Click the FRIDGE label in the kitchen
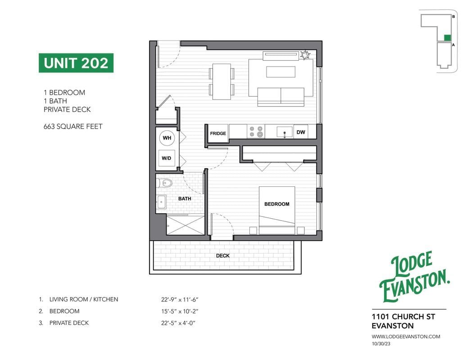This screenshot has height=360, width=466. click(218, 133)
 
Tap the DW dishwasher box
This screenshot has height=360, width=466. click(301, 132)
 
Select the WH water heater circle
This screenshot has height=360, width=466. click(167, 138)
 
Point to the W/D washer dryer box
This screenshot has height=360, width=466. click(167, 158)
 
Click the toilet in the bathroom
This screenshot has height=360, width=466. click(164, 183)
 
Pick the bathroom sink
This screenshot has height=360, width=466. click(161, 202)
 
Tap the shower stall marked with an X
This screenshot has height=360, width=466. click(185, 225)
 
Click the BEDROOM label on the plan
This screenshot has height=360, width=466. click(277, 204)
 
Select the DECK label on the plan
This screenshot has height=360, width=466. click(222, 256)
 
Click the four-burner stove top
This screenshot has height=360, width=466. click(256, 131)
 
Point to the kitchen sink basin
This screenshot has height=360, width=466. click(285, 131)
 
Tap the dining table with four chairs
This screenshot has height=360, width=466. click(222, 82)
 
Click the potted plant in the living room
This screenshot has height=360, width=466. click(305, 55)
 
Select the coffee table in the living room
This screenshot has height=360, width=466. click(281, 72)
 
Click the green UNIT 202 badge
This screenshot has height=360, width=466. click(76, 63)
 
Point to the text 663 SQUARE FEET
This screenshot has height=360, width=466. click(73, 126)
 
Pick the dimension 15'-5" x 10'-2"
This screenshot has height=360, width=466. click(180, 311)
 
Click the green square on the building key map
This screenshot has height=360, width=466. click(448, 38)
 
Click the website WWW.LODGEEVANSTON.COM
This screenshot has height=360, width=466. click(406, 337)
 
